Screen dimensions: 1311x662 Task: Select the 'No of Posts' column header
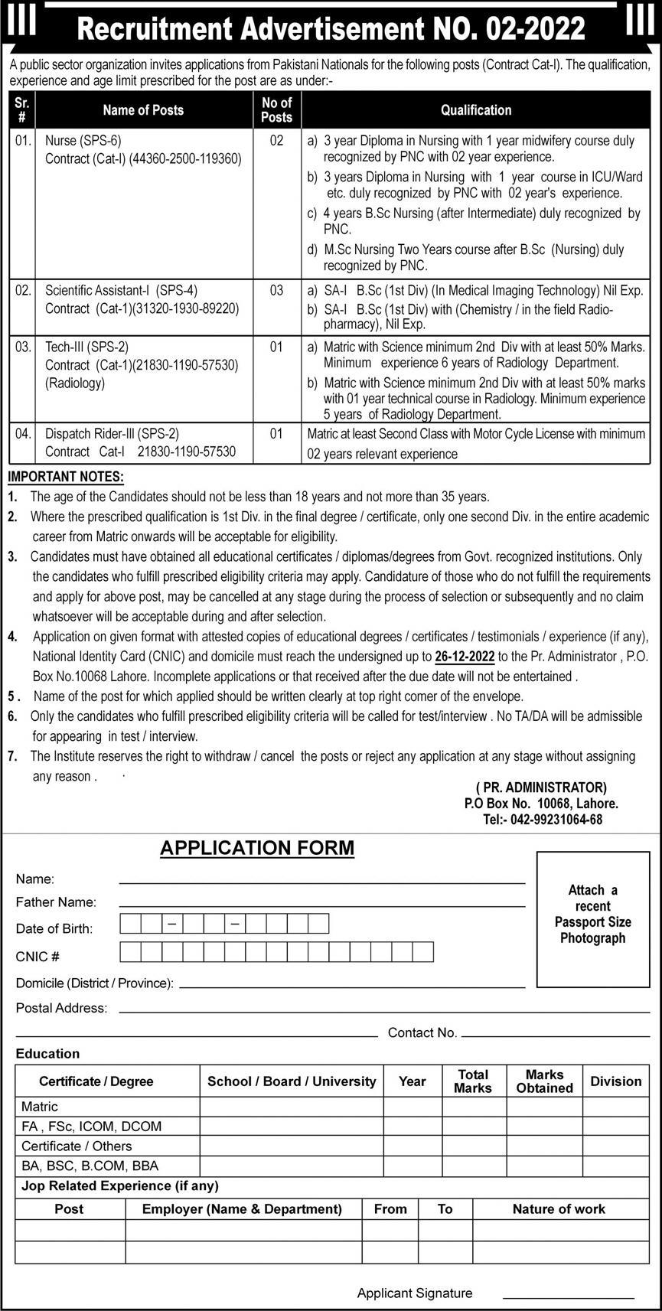tap(276, 110)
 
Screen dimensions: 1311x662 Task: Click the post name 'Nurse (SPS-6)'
tap(83, 141)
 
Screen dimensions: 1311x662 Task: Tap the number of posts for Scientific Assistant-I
tap(276, 291)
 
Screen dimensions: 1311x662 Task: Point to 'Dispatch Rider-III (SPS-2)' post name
tap(112, 434)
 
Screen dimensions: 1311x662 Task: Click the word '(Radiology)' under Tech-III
tap(75, 383)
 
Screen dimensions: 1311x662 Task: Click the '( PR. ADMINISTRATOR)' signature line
tap(541, 788)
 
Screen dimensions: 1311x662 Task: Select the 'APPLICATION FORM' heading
tap(257, 848)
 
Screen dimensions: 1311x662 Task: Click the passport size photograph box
tap(592, 918)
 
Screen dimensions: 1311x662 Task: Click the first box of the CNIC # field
tap(131, 952)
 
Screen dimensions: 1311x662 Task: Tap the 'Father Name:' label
tap(56, 903)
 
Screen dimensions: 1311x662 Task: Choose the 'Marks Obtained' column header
tap(544, 1081)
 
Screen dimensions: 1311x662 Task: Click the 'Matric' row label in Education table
tap(40, 1107)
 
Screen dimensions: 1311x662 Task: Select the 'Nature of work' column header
tap(559, 1209)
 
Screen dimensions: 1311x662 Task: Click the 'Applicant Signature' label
tap(415, 1293)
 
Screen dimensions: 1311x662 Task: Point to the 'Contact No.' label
tap(422, 1032)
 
